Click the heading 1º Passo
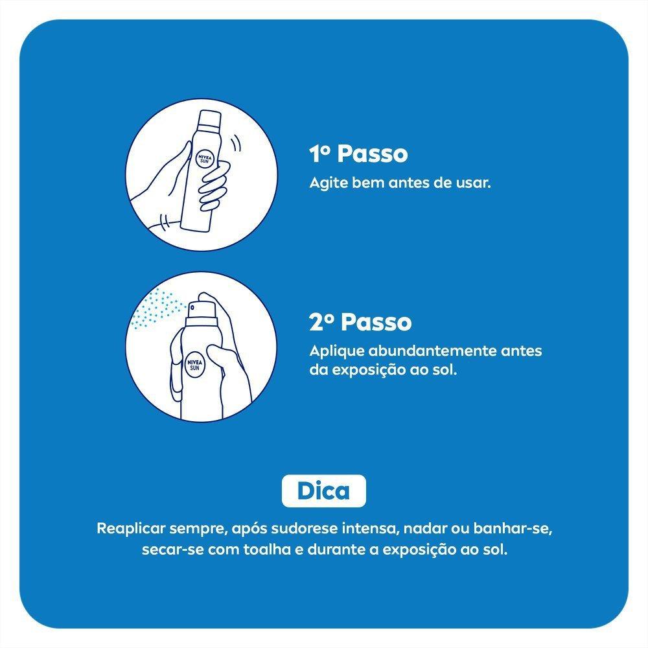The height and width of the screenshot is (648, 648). point(358,154)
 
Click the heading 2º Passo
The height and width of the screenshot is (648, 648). point(360,322)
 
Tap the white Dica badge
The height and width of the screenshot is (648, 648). point(323,491)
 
